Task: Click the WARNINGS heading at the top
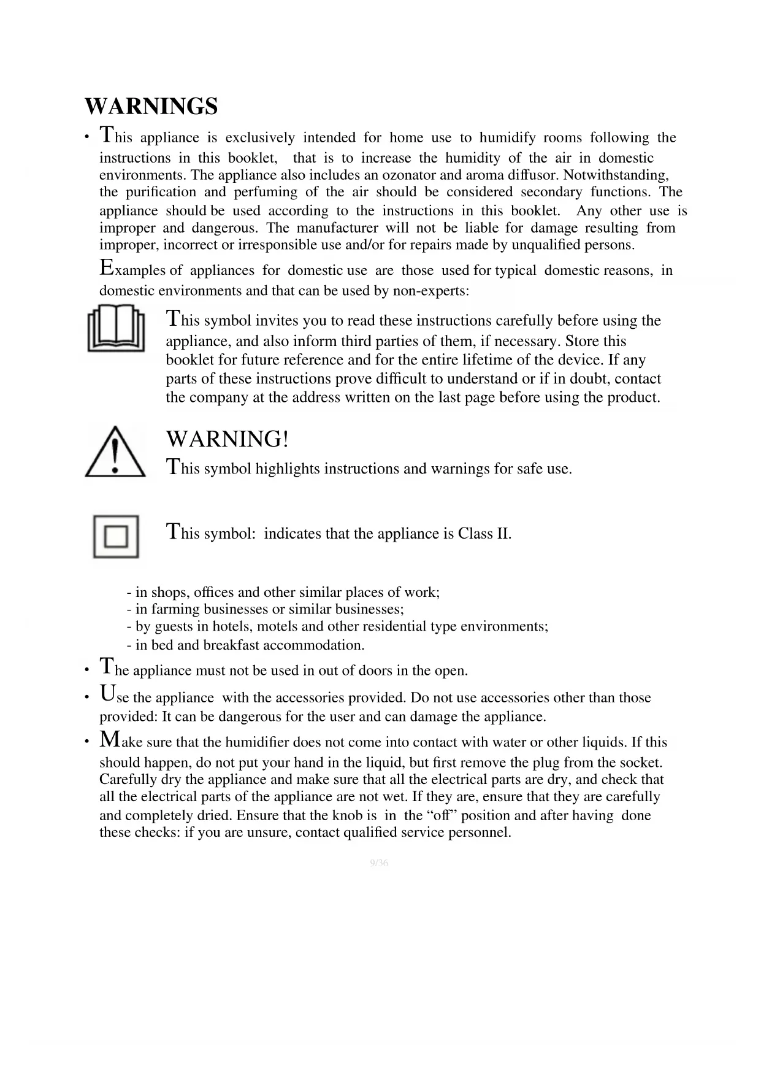click(x=151, y=106)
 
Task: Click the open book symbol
click(x=116, y=329)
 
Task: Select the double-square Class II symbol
click(x=116, y=537)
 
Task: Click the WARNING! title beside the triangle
click(x=227, y=439)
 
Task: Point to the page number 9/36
click(x=380, y=863)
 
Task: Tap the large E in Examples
click(x=107, y=267)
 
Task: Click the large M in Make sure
click(x=110, y=739)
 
